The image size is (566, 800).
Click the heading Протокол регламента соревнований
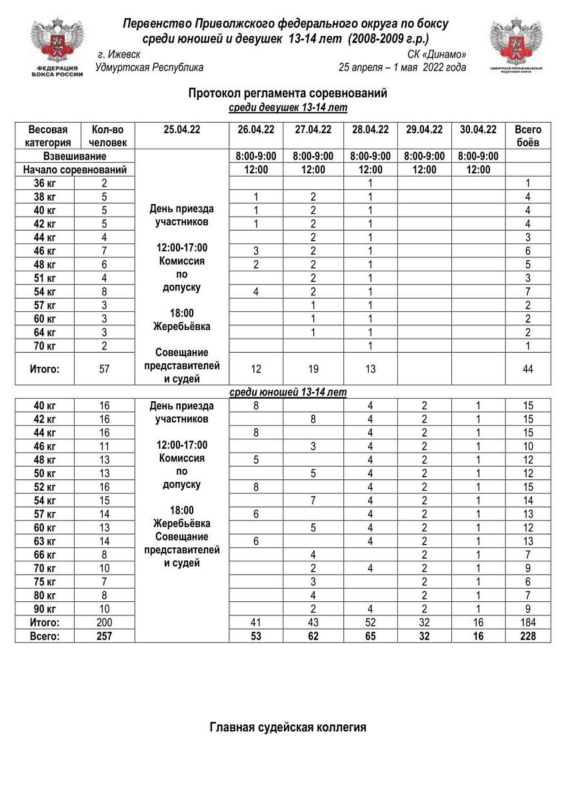[287, 93]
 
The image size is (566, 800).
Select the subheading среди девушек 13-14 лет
[287, 107]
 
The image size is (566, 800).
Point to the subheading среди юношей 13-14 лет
[287, 391]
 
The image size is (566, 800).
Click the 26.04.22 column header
[256, 130]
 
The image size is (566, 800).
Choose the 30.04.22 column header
[478, 130]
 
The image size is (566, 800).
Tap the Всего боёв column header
[528, 135]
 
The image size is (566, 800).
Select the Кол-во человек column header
[104, 135]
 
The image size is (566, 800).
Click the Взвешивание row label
[75, 156]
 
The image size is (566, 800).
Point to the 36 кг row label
[45, 183]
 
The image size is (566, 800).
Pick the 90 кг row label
[45, 609]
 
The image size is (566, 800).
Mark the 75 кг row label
[45, 581]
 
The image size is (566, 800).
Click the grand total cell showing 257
[104, 636]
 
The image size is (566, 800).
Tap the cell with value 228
[528, 636]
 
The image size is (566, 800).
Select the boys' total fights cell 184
[528, 623]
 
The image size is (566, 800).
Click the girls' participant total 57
[104, 369]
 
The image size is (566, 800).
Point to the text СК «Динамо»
[437, 54]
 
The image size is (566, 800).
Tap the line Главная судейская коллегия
[287, 727]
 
